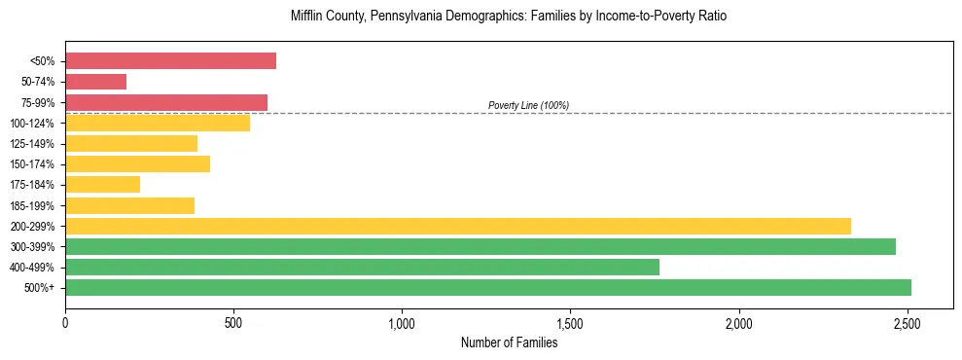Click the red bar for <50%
coord(170,61)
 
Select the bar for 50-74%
coord(95,82)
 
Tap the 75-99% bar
coord(166,102)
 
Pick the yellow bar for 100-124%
coord(158,123)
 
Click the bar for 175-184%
coord(102,184)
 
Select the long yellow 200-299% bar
coord(457,226)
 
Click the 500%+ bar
coord(487,287)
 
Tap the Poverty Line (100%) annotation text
coord(528,105)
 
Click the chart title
coord(509,17)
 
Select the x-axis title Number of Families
coord(509,342)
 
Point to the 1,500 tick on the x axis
coord(570,321)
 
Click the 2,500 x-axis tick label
coord(908,321)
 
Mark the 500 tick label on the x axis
coord(233,321)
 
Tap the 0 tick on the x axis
coord(65,321)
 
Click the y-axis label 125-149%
coord(32,144)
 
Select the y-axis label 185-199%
coord(32,205)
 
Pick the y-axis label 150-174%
coord(32,164)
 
